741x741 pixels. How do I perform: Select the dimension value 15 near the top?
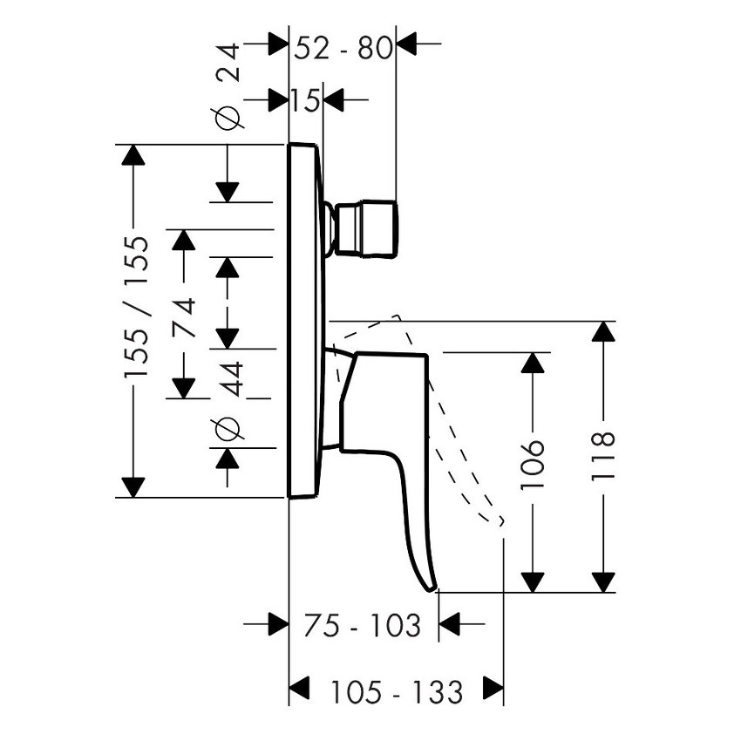click(x=306, y=101)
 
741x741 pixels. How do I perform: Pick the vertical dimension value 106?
click(x=534, y=463)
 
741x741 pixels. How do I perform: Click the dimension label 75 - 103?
click(x=363, y=624)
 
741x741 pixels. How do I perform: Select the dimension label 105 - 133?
click(x=397, y=693)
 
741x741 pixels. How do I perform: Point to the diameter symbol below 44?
click(x=228, y=428)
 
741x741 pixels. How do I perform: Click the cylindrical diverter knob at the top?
click(x=367, y=229)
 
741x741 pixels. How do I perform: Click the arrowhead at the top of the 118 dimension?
click(x=603, y=332)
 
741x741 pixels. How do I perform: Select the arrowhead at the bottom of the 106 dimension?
click(x=533, y=581)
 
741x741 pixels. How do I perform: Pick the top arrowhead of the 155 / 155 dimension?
click(x=133, y=155)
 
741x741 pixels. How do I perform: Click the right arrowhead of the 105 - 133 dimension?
click(x=493, y=688)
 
